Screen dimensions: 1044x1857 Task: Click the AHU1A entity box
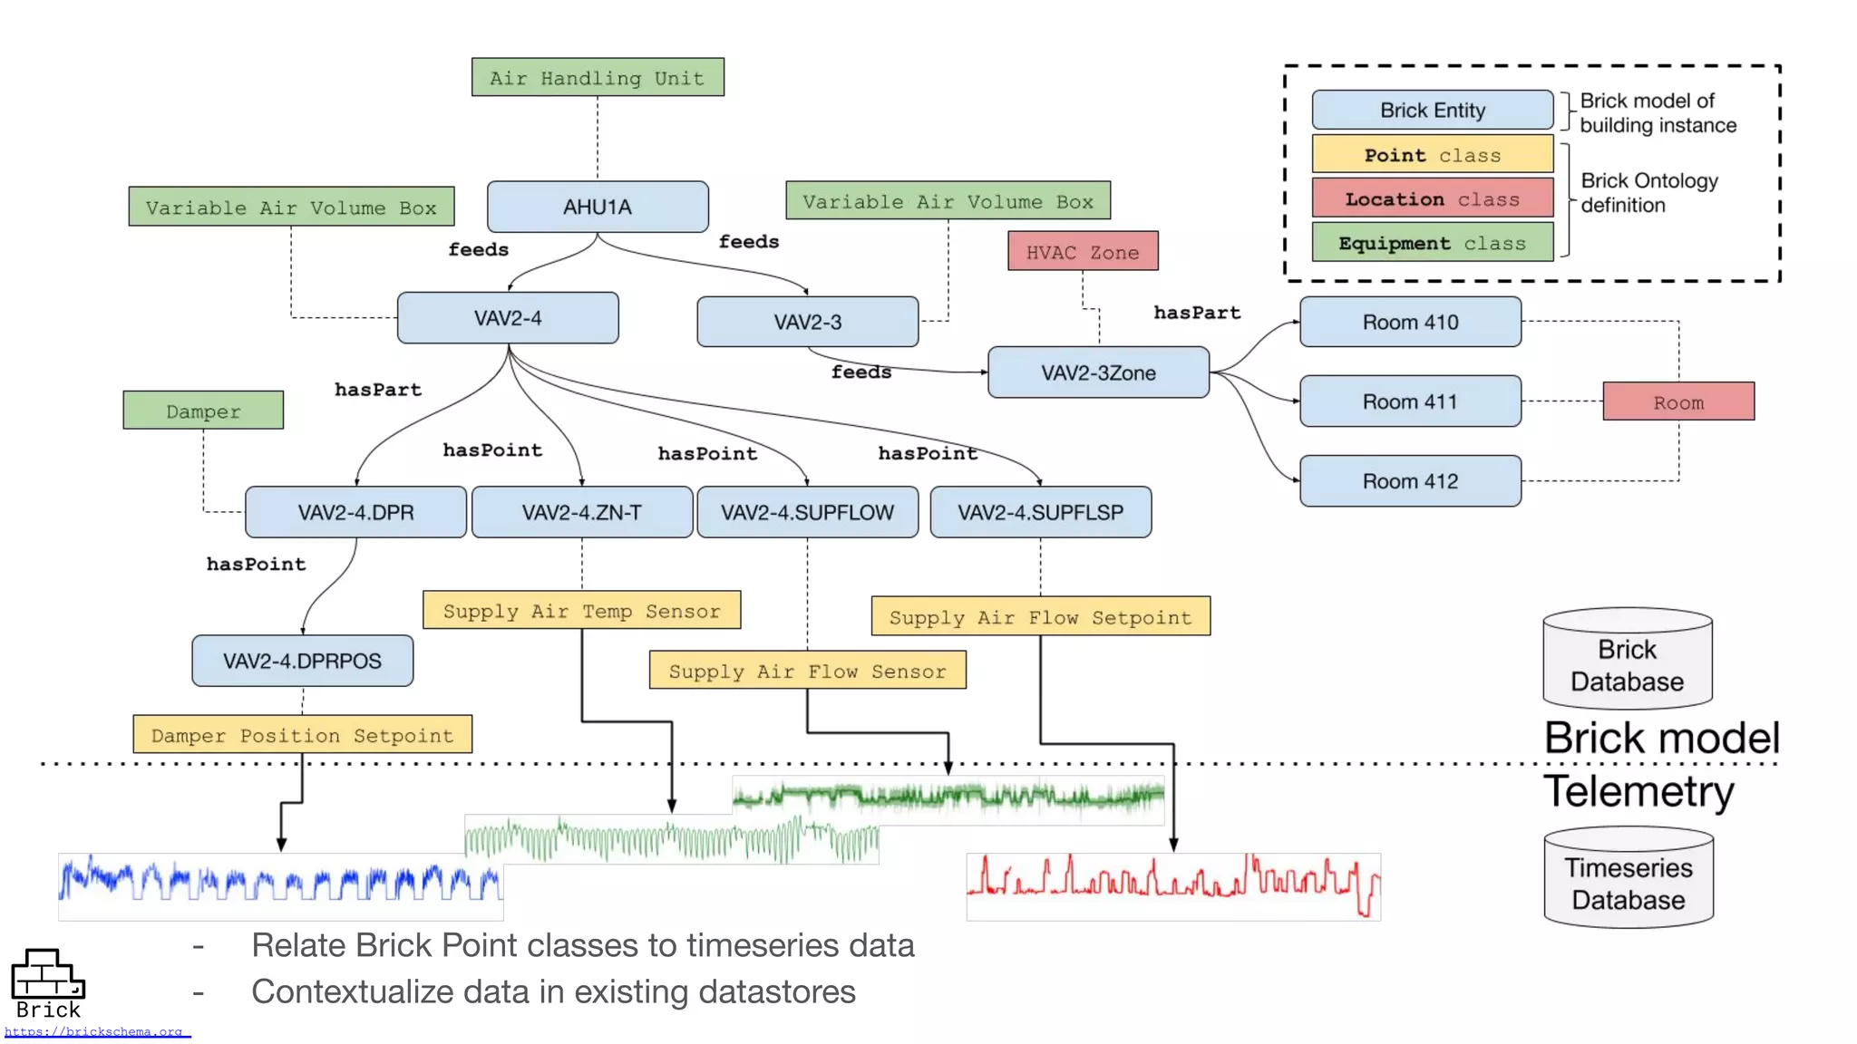(x=598, y=207)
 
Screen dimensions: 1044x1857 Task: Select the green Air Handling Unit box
(x=598, y=78)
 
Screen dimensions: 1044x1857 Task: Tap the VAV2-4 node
(x=508, y=318)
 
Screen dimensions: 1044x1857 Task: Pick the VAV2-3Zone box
(x=1098, y=372)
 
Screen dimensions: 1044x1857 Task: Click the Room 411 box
(x=1410, y=401)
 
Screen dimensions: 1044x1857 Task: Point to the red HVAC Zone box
(x=1083, y=252)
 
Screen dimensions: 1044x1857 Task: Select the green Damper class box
(x=203, y=411)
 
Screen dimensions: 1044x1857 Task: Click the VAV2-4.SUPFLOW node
(x=807, y=513)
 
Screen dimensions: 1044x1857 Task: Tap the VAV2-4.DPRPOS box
(x=302, y=661)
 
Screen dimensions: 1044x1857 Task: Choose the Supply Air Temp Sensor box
(x=581, y=611)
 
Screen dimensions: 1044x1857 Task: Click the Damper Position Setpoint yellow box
(x=302, y=735)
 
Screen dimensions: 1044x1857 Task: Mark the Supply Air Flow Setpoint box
(x=1040, y=617)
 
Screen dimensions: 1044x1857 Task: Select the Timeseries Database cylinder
(x=1629, y=879)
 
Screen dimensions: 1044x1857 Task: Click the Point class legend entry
(x=1433, y=155)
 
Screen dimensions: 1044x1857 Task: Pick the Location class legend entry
(x=1433, y=199)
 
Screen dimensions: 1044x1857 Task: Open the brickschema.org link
(x=95, y=1031)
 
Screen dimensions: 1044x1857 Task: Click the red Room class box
(x=1678, y=401)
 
